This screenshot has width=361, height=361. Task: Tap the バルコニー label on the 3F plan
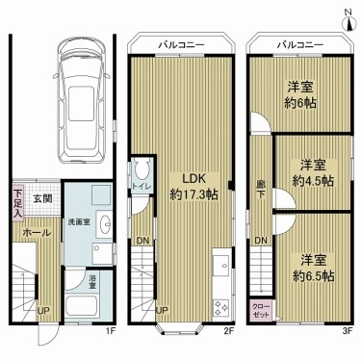[297, 45]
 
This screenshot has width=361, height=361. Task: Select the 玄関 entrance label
[42, 198]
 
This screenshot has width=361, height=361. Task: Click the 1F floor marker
[111, 331]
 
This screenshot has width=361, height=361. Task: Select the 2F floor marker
[229, 331]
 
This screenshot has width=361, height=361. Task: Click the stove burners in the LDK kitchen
[219, 309]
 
